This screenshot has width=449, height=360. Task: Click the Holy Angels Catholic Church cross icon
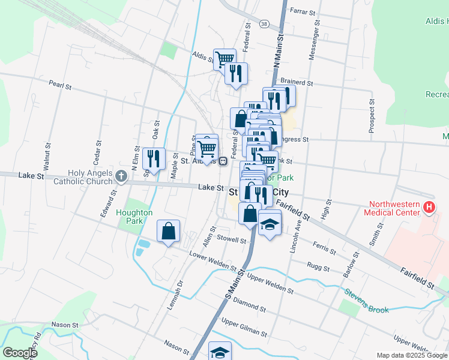point(121,176)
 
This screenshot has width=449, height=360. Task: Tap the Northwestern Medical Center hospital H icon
point(429,208)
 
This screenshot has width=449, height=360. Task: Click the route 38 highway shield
point(264,23)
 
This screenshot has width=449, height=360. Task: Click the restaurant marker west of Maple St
point(154,159)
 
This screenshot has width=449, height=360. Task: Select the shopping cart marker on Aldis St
point(224,59)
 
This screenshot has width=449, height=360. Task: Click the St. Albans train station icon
point(223,161)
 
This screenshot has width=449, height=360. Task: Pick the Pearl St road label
point(60,86)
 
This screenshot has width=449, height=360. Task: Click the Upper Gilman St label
point(244,327)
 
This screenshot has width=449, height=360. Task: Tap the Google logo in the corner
point(20,353)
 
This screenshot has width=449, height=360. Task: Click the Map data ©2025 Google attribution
point(412,355)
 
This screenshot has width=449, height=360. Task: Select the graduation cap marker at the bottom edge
point(220,352)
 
